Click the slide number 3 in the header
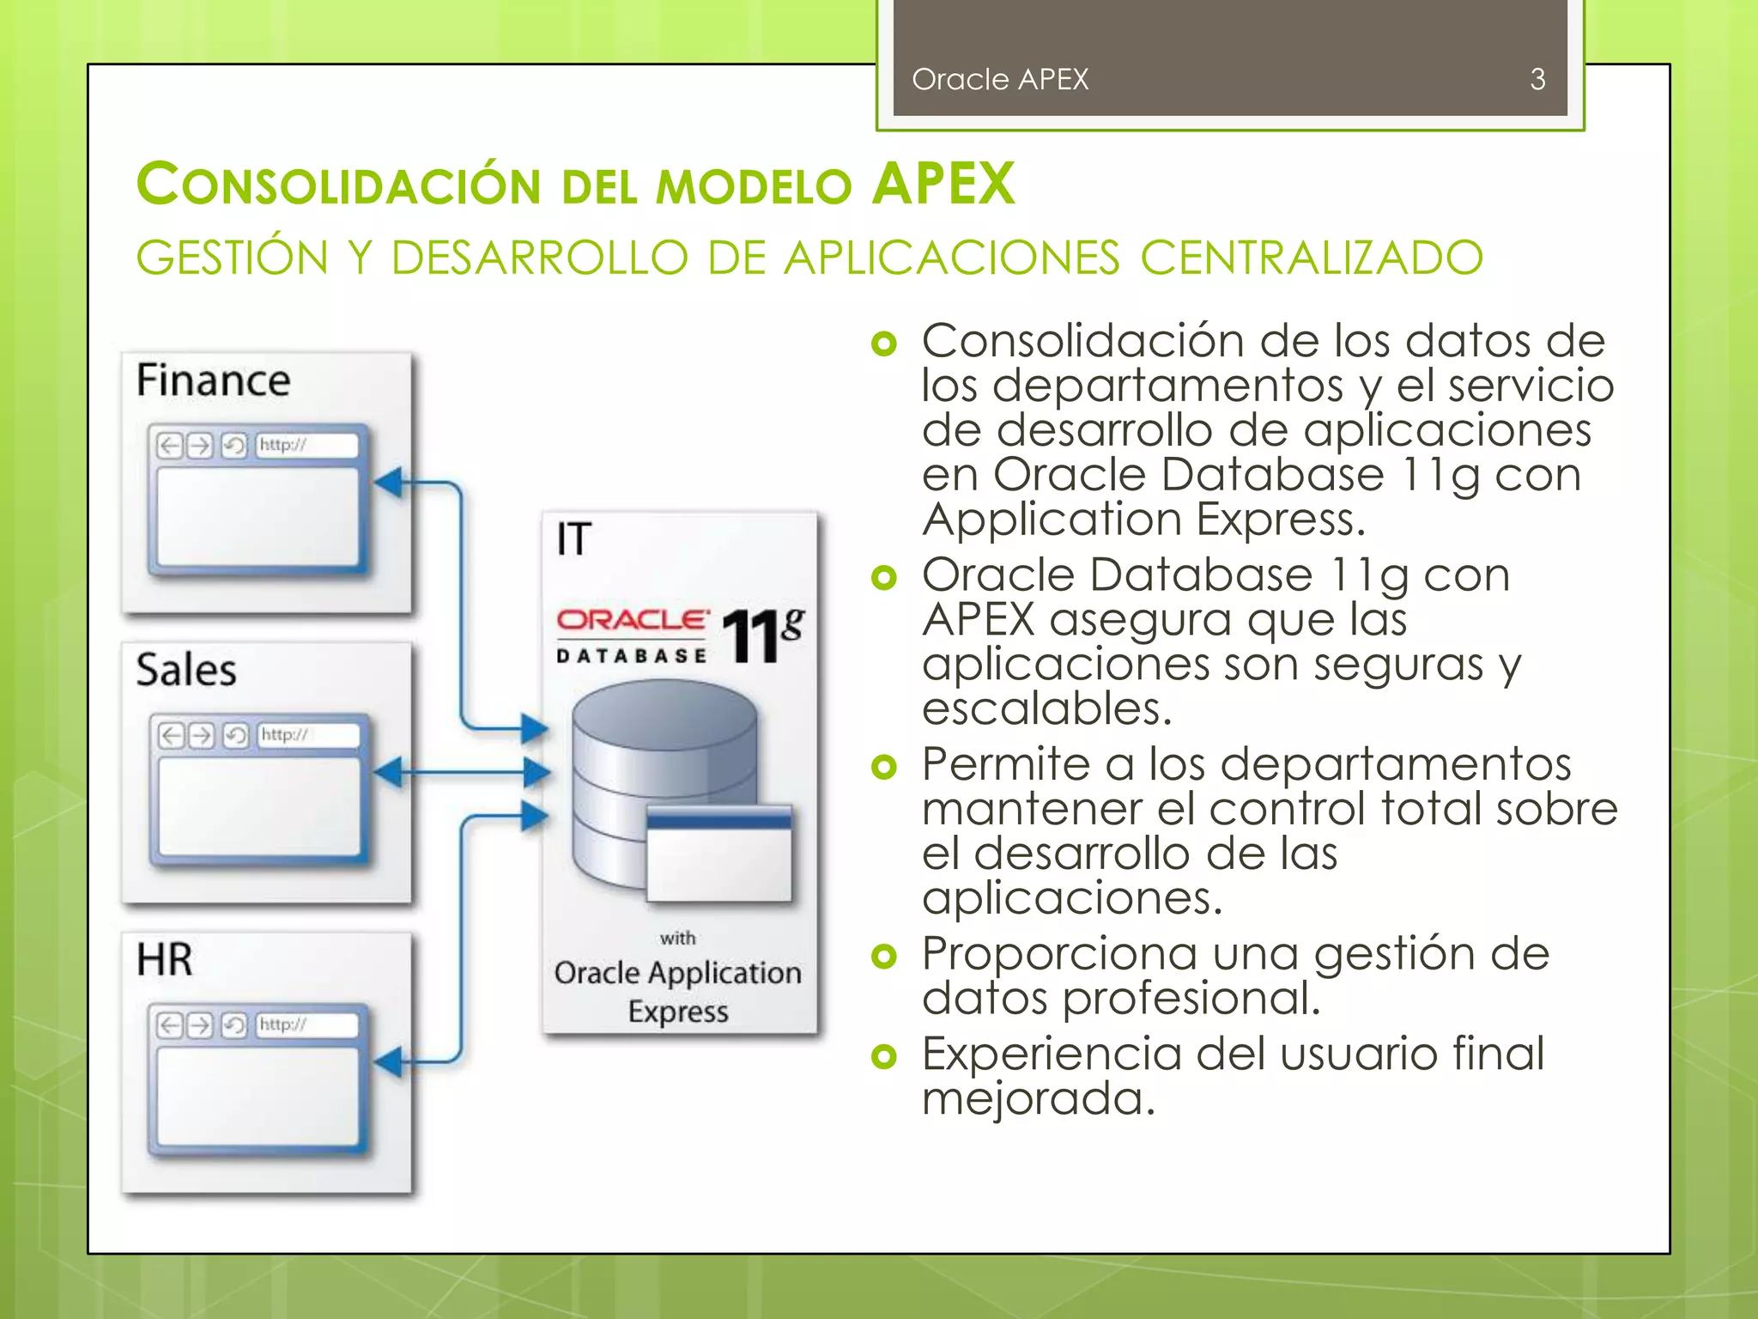tap(1537, 80)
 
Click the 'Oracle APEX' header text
tap(999, 80)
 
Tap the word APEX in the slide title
tap(943, 184)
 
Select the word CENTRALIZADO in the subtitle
tap(1311, 258)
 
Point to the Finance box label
tap(213, 380)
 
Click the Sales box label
tap(185, 670)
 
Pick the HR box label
tap(164, 959)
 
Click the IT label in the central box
tap(573, 539)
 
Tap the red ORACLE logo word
tap(632, 620)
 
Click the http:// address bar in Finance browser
tap(306, 445)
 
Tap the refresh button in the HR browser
tap(233, 1024)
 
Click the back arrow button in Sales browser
tap(172, 735)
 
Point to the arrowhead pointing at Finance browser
tap(389, 483)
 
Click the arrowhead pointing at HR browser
tap(389, 1062)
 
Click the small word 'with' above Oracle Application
tap(677, 938)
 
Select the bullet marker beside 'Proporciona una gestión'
tap(883, 956)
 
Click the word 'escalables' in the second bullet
tap(1046, 709)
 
